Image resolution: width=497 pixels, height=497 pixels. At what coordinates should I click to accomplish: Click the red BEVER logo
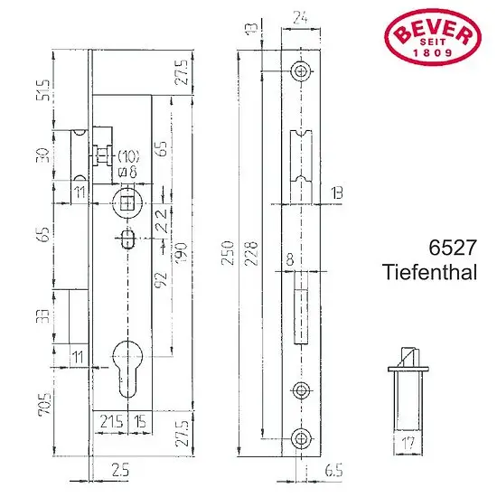point(433,37)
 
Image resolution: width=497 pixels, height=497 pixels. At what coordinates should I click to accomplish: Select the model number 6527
point(453,248)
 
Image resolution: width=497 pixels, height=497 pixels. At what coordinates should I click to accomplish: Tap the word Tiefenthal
point(430,272)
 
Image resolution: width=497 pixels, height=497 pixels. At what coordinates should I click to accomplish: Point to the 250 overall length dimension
point(228,253)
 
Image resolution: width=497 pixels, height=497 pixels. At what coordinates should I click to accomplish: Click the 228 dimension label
point(251,253)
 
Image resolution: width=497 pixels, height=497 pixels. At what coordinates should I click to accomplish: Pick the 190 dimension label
point(181,252)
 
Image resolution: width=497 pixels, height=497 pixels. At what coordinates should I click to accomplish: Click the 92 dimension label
point(161,279)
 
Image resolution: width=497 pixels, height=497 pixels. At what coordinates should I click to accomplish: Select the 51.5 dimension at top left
point(42,90)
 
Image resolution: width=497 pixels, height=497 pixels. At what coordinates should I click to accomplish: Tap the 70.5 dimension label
point(44,404)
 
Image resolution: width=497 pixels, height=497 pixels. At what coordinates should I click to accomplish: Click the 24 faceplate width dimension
point(300,18)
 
